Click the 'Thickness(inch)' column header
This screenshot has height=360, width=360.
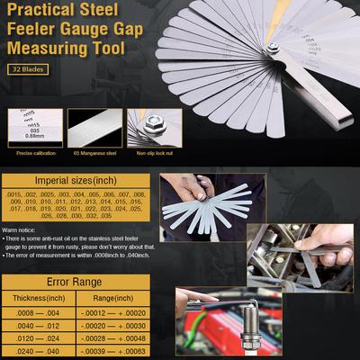[39, 298]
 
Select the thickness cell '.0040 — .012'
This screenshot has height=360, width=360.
[38, 326]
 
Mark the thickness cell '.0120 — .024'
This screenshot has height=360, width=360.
[38, 340]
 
